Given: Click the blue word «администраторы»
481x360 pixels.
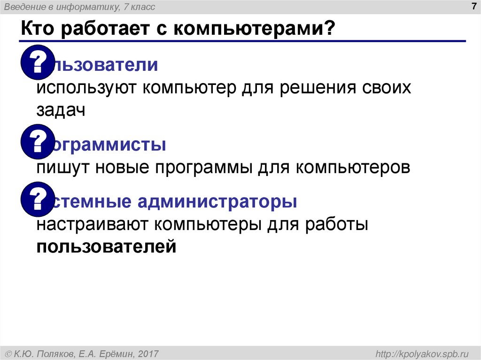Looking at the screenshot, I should pos(217,202).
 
